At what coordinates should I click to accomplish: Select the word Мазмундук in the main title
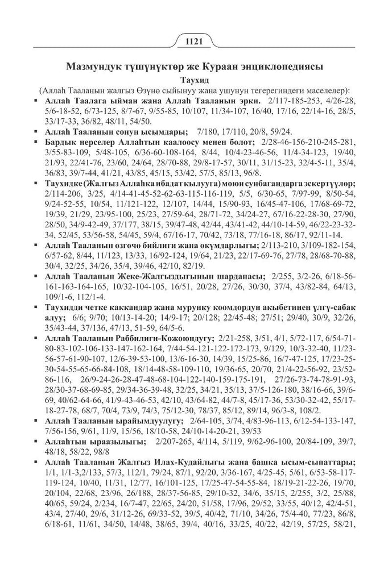click(x=94, y=66)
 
